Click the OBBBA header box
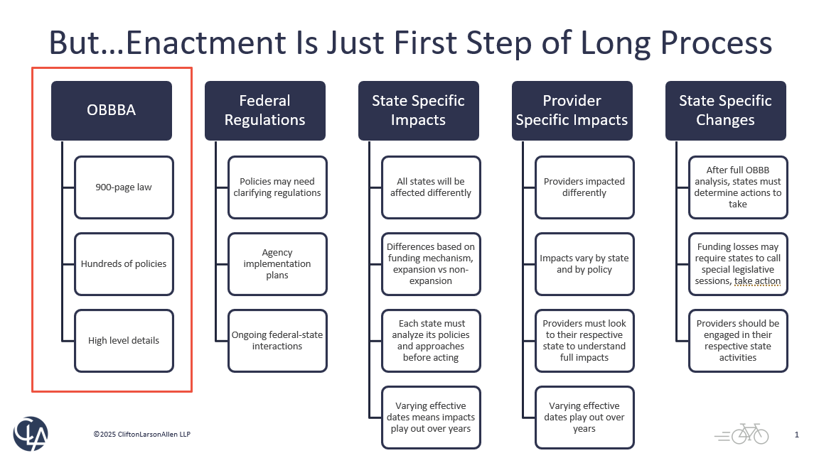click(x=111, y=110)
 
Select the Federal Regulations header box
click(x=264, y=110)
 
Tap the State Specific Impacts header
click(x=418, y=110)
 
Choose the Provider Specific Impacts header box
click(x=572, y=110)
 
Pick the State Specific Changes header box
click(x=725, y=110)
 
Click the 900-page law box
click(x=124, y=187)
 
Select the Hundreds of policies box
click(x=124, y=264)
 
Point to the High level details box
click(x=124, y=341)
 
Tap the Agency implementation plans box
click(x=277, y=264)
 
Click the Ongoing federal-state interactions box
click(x=277, y=341)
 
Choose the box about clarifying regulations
click(x=277, y=187)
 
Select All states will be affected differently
click(x=431, y=187)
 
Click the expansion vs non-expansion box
click(x=431, y=264)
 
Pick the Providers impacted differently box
click(x=584, y=187)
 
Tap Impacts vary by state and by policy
click(x=584, y=264)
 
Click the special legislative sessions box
click(x=738, y=264)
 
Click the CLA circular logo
click(x=31, y=433)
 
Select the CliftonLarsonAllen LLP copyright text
click(x=142, y=434)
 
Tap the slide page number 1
click(x=797, y=435)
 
